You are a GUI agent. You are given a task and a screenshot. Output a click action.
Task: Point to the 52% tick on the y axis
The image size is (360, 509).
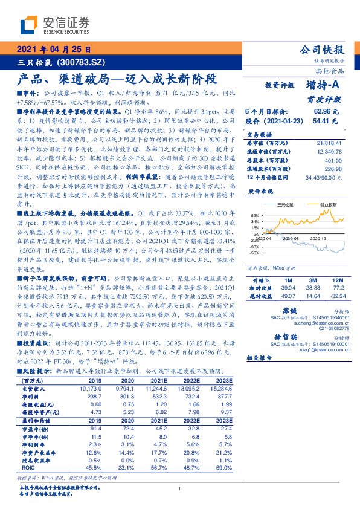coord(255,215)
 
